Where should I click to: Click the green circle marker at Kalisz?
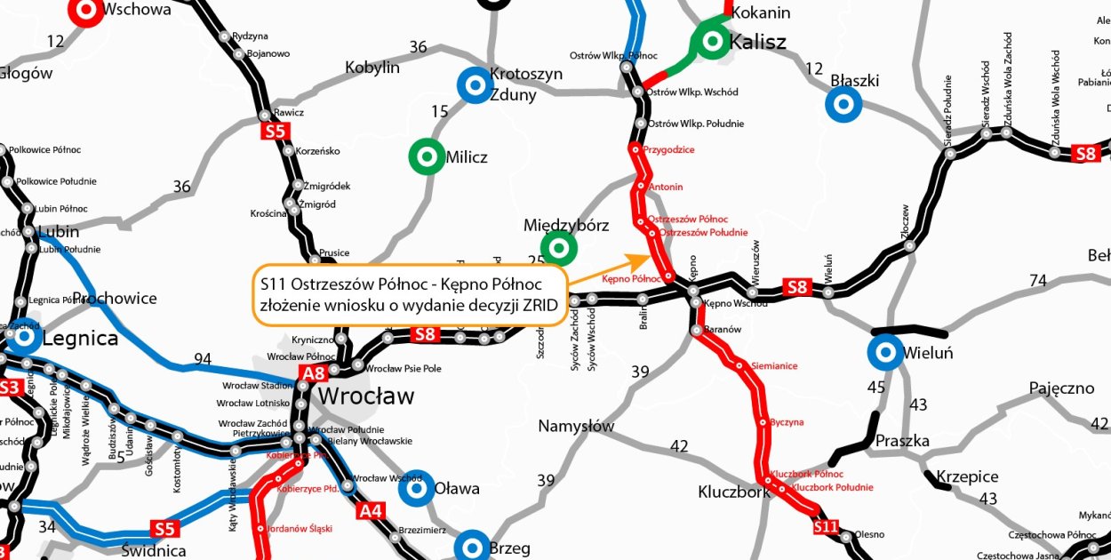coord(711,40)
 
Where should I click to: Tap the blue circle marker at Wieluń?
coord(885,354)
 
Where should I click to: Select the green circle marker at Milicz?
coord(427,157)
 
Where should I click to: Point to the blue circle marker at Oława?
coord(414,487)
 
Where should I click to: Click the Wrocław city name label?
coord(366,396)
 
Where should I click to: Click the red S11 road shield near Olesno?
coord(826,528)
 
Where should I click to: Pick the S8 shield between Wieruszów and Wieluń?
coord(797,287)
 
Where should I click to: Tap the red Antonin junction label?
coord(666,187)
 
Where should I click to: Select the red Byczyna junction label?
coord(787,422)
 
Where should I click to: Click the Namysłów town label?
coord(576,427)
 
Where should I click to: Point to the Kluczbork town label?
coord(733,492)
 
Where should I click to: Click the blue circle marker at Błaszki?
coord(842,104)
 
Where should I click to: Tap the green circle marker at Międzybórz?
coord(559,248)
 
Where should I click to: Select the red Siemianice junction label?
coord(773,365)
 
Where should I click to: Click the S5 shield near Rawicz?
coord(276,132)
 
